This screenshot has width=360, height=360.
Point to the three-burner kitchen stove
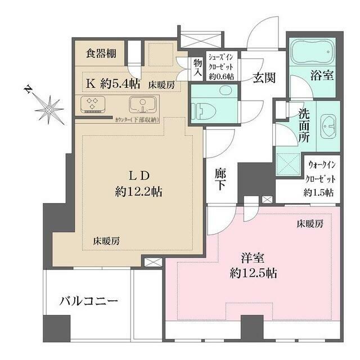click(92, 105)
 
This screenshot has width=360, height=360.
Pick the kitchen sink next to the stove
click(140, 105)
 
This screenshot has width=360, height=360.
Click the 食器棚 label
click(101, 54)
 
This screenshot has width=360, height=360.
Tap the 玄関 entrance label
click(263, 78)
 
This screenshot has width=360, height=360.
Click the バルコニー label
click(89, 301)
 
